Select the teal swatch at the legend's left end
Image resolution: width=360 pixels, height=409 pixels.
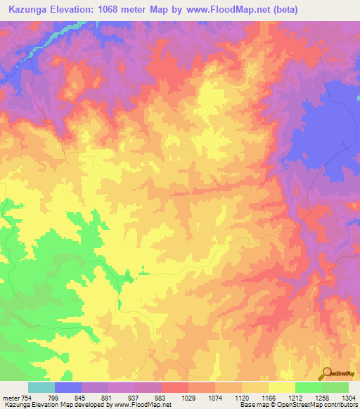(x=41, y=387)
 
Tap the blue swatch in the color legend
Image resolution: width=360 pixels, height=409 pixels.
(x=68, y=387)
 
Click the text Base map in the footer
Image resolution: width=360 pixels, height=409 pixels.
(x=255, y=405)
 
